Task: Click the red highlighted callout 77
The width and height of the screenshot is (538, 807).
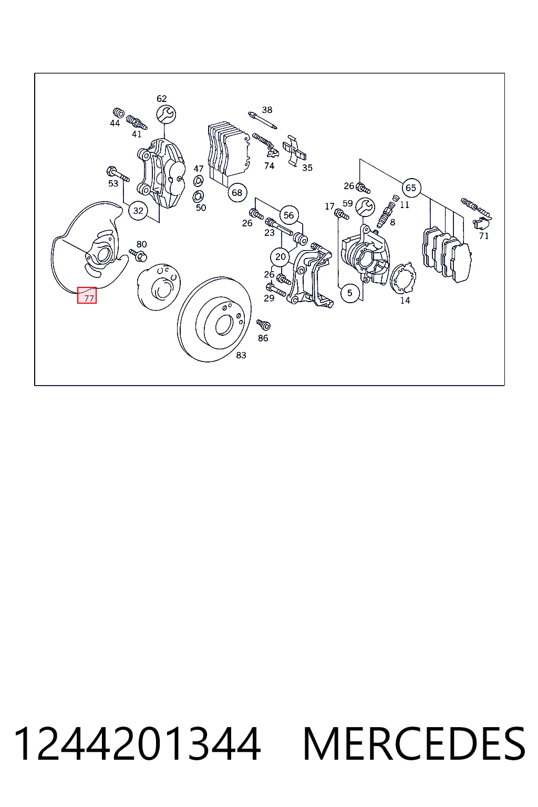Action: click(x=87, y=295)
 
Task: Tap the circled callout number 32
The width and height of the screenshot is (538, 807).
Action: click(x=138, y=211)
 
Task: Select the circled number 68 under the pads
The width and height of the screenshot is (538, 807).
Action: click(x=237, y=193)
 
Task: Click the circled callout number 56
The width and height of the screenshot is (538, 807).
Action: click(x=288, y=215)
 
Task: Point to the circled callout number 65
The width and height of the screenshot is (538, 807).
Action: click(x=411, y=188)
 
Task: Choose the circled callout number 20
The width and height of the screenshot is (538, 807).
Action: click(x=281, y=257)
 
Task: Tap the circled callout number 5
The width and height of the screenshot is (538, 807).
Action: click(x=350, y=293)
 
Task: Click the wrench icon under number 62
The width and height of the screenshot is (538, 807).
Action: click(x=165, y=114)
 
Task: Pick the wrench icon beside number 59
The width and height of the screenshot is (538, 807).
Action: click(x=365, y=207)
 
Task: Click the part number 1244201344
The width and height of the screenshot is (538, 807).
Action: click(x=137, y=744)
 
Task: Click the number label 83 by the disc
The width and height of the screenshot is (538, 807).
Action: click(x=241, y=355)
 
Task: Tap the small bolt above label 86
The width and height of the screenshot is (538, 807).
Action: click(x=263, y=325)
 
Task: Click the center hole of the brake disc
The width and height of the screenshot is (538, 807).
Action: click(x=223, y=325)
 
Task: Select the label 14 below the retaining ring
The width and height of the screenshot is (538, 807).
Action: click(x=405, y=301)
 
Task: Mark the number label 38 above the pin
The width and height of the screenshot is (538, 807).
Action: click(x=267, y=110)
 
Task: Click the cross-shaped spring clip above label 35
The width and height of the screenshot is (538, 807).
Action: click(x=294, y=151)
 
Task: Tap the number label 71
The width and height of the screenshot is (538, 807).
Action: click(x=484, y=236)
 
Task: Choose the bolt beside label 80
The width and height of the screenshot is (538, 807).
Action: click(x=138, y=255)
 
